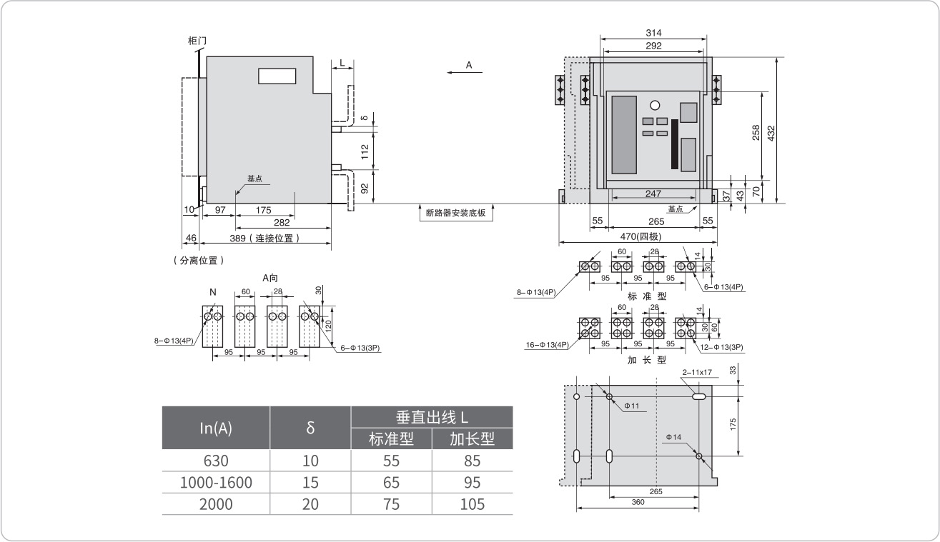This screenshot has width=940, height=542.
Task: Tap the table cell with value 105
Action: pos(472,504)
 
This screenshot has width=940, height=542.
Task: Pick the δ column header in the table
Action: pos(310,428)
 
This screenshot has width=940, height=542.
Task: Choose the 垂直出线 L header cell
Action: pos(432,417)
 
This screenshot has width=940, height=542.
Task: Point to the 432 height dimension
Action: pos(771,132)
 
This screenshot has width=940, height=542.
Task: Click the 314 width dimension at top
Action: pos(653,33)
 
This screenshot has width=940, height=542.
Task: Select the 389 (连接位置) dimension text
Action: pos(265,238)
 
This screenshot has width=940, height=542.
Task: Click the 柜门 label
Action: pos(197,41)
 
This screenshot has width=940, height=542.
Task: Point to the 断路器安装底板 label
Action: pos(455,212)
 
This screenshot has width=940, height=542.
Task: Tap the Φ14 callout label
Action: pos(673,437)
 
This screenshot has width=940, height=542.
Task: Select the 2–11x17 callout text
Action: pos(697,372)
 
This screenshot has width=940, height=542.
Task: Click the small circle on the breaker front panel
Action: pos(654,106)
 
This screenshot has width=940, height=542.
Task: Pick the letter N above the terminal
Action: pos(212,291)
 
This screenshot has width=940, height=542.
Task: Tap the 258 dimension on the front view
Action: pos(756,134)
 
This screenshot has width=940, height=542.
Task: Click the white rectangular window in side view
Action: pos(276,75)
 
